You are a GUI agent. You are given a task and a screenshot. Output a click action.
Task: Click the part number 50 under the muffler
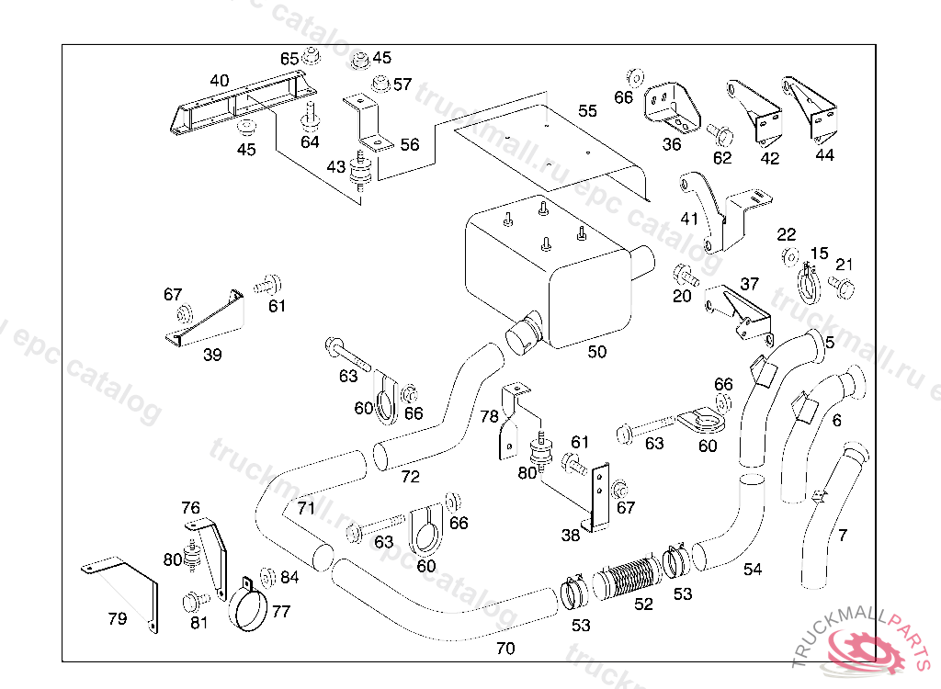click(597, 351)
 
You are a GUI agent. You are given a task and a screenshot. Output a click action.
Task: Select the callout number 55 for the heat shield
click(587, 111)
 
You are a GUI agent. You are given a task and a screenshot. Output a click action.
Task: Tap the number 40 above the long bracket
click(219, 81)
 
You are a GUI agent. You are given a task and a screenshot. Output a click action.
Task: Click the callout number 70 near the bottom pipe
click(505, 648)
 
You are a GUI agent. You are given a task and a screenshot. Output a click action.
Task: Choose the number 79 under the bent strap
click(117, 618)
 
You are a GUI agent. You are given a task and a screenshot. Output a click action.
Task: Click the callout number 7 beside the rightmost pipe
click(843, 535)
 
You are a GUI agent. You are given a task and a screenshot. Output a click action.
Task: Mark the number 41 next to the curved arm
click(689, 219)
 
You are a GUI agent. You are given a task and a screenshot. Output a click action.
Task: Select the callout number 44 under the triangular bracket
click(824, 155)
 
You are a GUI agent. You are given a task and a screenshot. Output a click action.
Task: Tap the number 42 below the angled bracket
click(770, 158)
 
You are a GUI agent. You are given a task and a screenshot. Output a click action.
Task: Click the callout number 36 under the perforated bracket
click(672, 144)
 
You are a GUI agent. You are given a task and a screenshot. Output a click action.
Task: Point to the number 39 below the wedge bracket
click(212, 356)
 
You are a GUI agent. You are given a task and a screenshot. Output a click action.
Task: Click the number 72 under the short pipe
click(410, 477)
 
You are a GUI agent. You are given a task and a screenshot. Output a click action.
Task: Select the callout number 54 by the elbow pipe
click(753, 570)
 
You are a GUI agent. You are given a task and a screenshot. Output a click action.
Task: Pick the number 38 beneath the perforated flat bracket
click(571, 534)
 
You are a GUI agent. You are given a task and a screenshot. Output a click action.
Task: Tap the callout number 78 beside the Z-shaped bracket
click(489, 415)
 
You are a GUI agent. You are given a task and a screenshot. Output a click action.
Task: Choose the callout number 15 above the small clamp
click(819, 254)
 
